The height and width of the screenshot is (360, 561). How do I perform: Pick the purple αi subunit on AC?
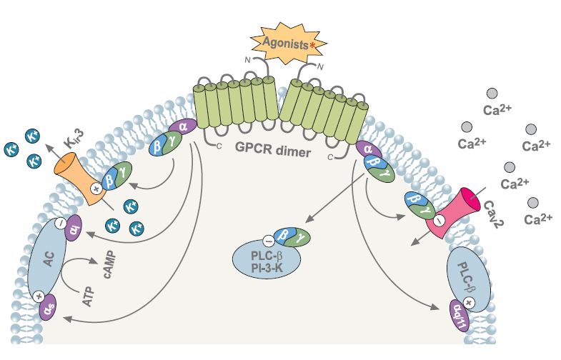[74, 231]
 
